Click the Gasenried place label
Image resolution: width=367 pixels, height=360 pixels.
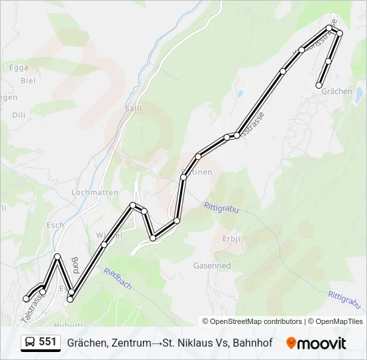point(212,265)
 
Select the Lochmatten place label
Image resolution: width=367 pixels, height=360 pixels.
point(95,193)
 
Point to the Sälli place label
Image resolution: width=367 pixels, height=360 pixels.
point(133,108)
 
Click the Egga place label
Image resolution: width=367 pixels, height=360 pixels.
point(19,67)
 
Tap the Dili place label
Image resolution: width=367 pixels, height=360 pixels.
point(18,115)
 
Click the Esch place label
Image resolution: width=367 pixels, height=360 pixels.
point(55,225)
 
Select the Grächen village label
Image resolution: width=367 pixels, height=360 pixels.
point(336,91)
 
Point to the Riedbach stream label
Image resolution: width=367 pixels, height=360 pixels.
point(117,279)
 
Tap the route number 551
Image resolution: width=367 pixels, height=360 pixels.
point(47,342)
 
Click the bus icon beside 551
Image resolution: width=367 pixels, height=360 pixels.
point(31,343)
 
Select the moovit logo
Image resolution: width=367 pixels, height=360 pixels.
point(316,343)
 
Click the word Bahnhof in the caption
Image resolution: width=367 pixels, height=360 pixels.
point(252,343)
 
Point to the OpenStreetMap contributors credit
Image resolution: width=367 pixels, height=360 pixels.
point(252,321)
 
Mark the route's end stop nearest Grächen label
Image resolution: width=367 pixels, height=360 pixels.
point(320,85)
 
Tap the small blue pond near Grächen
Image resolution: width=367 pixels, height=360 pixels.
point(239,93)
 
